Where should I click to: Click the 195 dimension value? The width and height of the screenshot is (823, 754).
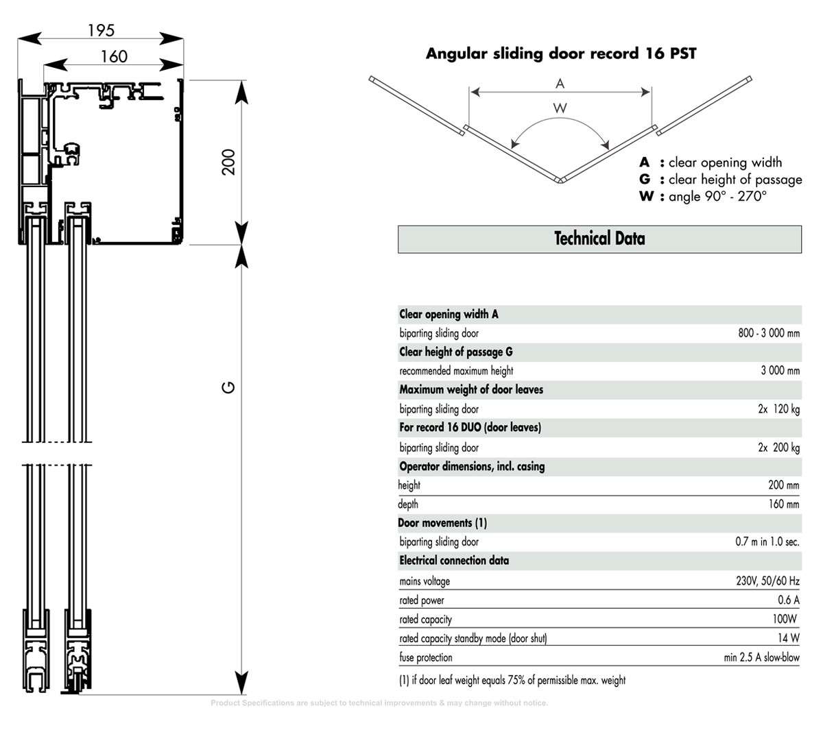[101, 30]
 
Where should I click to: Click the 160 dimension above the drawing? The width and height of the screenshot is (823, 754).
[114, 56]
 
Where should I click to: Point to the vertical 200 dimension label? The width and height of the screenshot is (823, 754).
[229, 162]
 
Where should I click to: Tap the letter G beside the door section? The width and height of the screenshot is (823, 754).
[230, 388]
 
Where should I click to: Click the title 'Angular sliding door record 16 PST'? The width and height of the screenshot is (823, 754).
[561, 53]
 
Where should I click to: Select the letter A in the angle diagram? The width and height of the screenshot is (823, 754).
[560, 84]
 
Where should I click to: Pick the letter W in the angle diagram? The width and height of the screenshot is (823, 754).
[560, 108]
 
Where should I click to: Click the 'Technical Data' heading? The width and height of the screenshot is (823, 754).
[599, 239]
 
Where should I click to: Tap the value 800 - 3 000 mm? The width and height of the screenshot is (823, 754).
[768, 334]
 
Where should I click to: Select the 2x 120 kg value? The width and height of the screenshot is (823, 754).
[778, 409]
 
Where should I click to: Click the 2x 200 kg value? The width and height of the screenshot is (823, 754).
[778, 448]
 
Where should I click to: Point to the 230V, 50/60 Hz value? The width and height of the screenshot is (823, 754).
[767, 581]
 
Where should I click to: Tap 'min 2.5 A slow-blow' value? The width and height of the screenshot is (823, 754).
[761, 657]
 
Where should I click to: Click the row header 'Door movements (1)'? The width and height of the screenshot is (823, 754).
[442, 523]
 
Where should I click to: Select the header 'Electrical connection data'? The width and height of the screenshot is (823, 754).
[454, 561]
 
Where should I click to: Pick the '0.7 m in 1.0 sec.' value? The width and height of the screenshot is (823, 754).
[767, 542]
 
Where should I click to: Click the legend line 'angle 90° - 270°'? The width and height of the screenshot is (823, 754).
[717, 197]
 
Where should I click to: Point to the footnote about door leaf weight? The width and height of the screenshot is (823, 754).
[512, 681]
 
